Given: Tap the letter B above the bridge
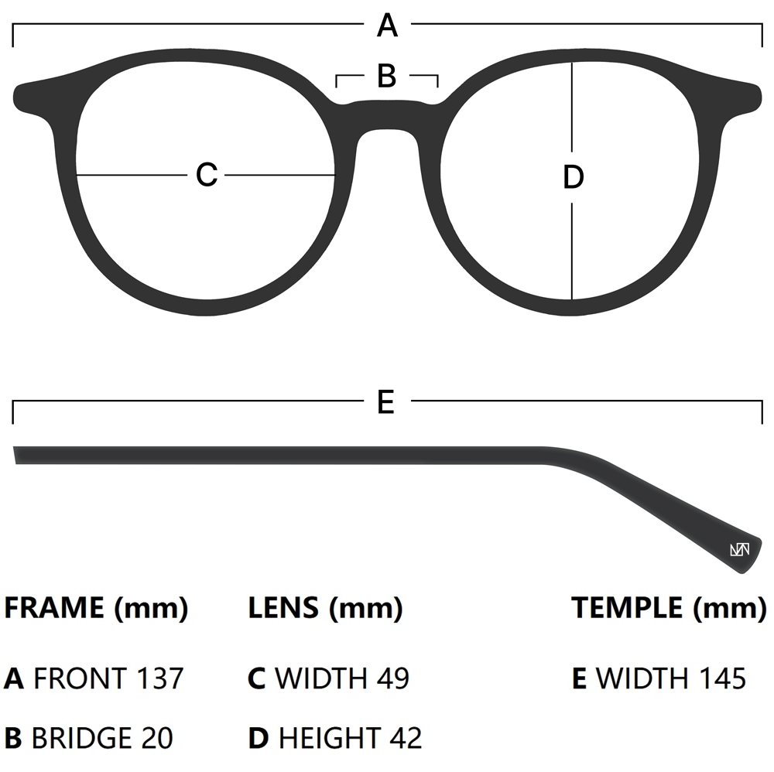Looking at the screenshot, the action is click(387, 76).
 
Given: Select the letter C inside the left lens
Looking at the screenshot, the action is click(207, 175).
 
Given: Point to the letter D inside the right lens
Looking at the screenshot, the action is click(573, 177).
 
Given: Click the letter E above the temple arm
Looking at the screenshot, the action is click(386, 401).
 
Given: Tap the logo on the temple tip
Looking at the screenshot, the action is click(739, 550).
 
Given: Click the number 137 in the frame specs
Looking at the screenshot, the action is click(160, 678).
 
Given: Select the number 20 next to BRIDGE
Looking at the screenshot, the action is click(156, 737).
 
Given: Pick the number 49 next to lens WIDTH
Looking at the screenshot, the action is click(392, 678).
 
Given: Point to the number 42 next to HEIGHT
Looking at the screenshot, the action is click(406, 737).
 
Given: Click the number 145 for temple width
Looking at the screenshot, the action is click(721, 678).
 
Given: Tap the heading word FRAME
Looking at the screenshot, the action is click(54, 608).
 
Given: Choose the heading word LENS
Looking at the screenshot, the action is click(283, 608).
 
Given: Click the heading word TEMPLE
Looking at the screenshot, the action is click(628, 608).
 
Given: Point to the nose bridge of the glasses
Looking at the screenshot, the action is click(387, 116).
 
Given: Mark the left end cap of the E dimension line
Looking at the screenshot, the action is click(13, 412).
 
